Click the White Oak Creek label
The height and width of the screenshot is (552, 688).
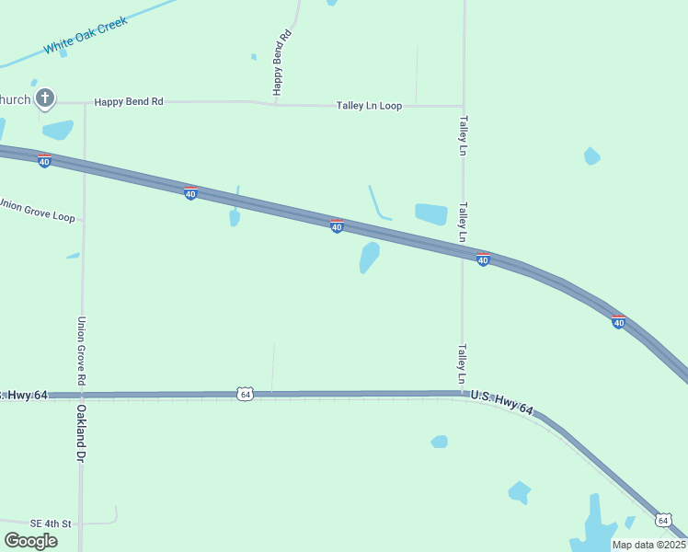coord(85,36)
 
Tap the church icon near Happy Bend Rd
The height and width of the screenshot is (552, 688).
coord(44,98)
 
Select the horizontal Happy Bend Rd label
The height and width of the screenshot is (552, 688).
coord(129,101)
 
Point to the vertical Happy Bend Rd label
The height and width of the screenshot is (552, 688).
coord(281,62)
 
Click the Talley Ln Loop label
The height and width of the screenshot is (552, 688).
coord(369,106)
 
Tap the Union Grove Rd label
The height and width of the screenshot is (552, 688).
coord(82,351)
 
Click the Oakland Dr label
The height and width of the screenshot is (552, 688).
coord(81,432)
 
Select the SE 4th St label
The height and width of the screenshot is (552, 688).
coord(50,523)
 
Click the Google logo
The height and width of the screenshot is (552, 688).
coord(30,541)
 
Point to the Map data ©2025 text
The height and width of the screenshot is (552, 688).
coord(648,545)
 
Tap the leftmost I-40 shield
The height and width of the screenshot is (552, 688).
coord(44,161)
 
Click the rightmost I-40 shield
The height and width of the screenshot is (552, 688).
coord(619,321)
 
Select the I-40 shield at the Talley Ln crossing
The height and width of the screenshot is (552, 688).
coord(483,259)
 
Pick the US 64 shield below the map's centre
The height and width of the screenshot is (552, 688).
coord(244,394)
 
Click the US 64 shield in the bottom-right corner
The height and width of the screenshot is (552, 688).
coord(664,520)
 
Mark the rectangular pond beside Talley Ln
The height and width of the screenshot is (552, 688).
coord(430,214)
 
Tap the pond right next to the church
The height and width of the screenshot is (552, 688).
coord(57,130)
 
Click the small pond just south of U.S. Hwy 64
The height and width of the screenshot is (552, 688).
coord(440,442)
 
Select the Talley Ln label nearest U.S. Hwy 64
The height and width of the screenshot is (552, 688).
coord(463,364)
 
